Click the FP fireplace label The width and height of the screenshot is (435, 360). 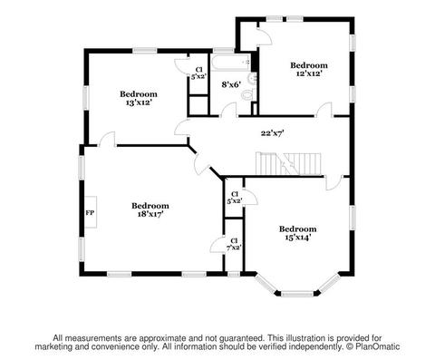point(90,213)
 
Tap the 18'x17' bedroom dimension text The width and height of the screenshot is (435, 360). point(150,214)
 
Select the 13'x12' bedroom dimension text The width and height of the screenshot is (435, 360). point(139,102)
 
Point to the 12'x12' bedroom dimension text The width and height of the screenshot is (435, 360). point(306,73)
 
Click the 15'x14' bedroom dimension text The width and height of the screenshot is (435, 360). point(297,238)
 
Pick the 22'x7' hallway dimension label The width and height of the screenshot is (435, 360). point(272,133)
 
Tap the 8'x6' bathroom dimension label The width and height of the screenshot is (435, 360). point(231,84)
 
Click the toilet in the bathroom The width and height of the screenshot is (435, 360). point(247,95)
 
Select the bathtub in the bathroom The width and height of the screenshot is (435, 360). point(230,63)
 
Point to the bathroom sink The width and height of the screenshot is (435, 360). point(252,79)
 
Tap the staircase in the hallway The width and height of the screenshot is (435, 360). point(288,163)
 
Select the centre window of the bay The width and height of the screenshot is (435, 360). point(297,294)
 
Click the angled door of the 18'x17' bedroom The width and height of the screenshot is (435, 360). point(201,164)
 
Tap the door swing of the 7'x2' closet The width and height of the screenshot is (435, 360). point(217,244)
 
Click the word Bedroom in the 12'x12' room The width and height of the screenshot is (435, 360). point(309,65)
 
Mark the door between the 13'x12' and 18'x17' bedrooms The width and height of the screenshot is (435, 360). point(108,139)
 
